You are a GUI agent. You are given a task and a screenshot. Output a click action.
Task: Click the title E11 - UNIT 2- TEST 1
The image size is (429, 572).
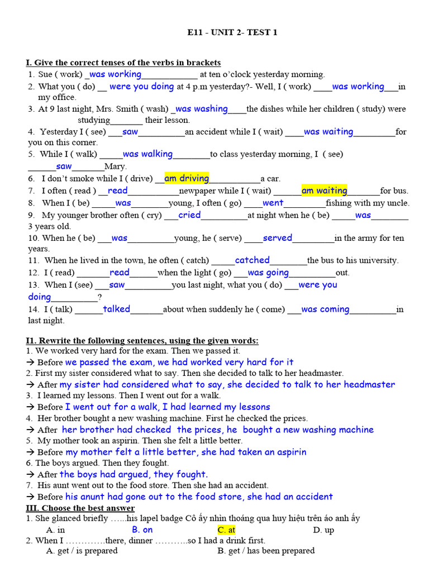[232, 32]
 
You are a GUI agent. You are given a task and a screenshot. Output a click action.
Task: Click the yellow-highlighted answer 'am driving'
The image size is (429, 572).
[187, 178]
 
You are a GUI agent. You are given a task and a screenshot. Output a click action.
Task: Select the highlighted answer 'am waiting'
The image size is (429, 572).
[324, 190]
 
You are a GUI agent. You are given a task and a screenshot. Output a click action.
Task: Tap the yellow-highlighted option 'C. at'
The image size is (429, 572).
[226, 530]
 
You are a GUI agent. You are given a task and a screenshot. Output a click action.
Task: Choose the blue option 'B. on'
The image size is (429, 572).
[142, 530]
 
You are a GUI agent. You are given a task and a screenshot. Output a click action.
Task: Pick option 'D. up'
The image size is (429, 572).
[323, 530]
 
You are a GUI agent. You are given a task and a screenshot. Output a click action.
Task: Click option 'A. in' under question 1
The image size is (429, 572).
[56, 530]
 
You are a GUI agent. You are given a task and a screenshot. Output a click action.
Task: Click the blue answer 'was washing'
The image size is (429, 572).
[202, 109]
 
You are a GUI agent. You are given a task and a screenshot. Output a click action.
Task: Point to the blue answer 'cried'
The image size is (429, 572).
[189, 215]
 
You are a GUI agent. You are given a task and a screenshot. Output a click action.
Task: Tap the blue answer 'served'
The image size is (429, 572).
[277, 238]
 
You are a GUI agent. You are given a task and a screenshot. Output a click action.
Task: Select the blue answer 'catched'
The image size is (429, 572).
[252, 260]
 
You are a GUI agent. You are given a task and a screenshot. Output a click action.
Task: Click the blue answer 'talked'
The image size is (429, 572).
[116, 309]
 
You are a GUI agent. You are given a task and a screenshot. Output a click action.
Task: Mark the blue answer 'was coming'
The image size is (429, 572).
[325, 309]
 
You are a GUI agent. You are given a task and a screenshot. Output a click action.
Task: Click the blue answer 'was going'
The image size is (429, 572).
[268, 273]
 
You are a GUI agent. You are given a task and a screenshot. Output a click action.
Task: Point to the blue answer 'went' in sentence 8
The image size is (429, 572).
[273, 203]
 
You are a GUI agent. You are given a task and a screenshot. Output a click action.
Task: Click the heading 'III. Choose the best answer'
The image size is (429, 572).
[80, 508]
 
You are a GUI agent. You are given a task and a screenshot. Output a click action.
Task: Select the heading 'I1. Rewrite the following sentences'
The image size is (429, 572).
[142, 341]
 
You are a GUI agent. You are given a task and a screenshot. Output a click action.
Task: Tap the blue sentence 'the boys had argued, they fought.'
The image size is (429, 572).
[134, 474]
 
